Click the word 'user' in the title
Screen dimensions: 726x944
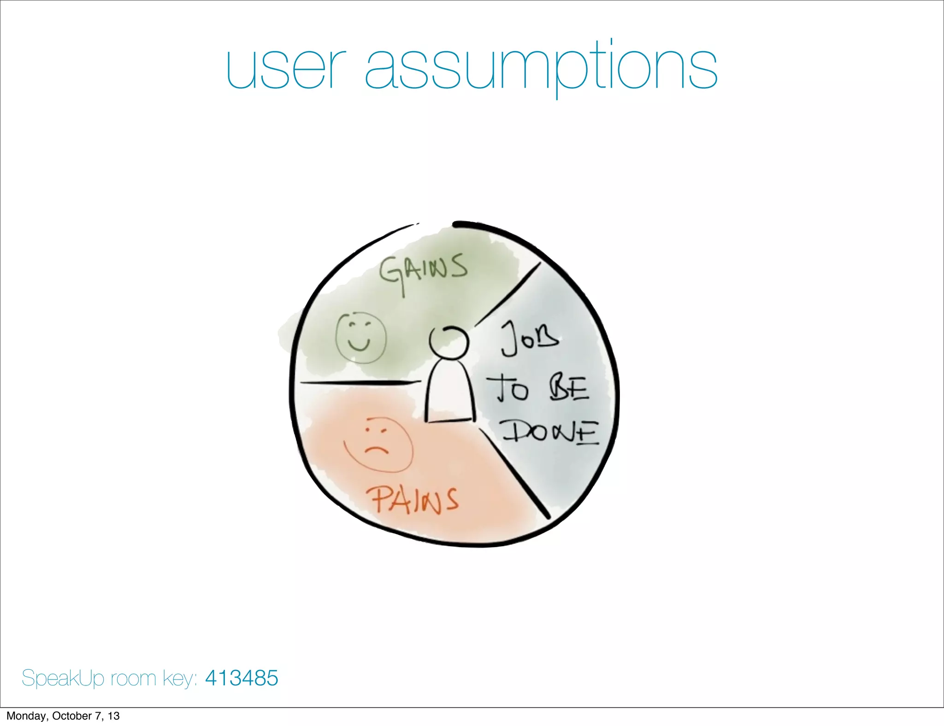pyautogui.click(x=286, y=69)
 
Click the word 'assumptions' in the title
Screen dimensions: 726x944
pyautogui.click(x=541, y=69)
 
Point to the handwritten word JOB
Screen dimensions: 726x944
pyautogui.click(x=530, y=340)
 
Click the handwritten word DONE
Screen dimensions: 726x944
pyautogui.click(x=551, y=433)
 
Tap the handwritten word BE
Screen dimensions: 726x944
pyautogui.click(x=569, y=389)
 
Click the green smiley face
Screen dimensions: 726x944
pyautogui.click(x=360, y=338)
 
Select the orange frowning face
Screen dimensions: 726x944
pyautogui.click(x=378, y=445)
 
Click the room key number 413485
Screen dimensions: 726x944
pyautogui.click(x=242, y=678)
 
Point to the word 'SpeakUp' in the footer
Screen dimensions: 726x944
pyautogui.click(x=64, y=679)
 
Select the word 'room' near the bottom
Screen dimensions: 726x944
pyautogui.click(x=133, y=679)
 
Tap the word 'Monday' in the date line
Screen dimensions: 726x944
pyautogui.click(x=26, y=716)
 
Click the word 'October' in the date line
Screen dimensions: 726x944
pyautogui.click(x=72, y=716)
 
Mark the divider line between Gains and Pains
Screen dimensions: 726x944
pyautogui.click(x=360, y=382)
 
